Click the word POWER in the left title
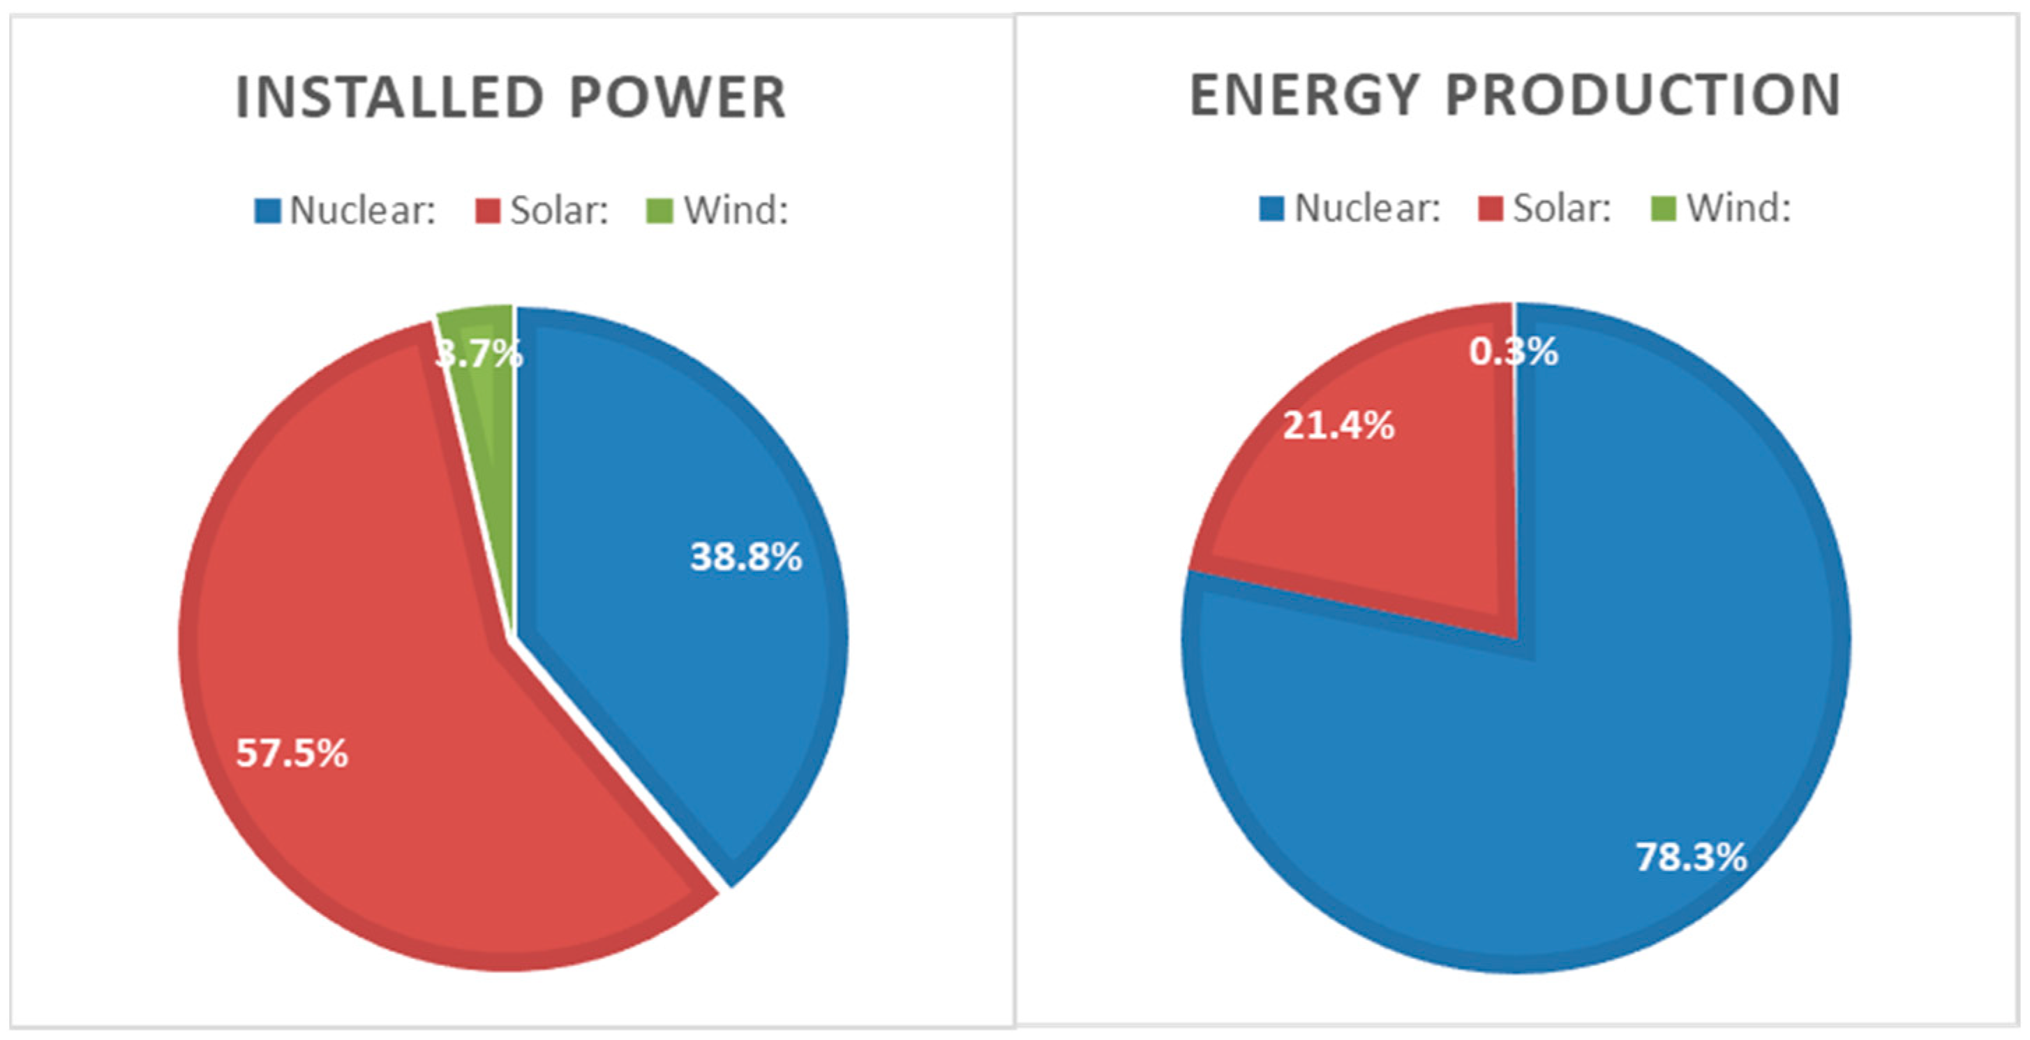(678, 98)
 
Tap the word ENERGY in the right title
(1304, 96)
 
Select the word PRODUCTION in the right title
(1643, 96)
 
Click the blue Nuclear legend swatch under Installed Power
(267, 210)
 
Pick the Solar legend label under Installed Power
(560, 210)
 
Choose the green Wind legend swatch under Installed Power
(659, 210)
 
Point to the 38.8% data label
(745, 557)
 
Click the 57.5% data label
(292, 754)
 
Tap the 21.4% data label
(1338, 427)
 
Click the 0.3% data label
(1513, 351)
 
